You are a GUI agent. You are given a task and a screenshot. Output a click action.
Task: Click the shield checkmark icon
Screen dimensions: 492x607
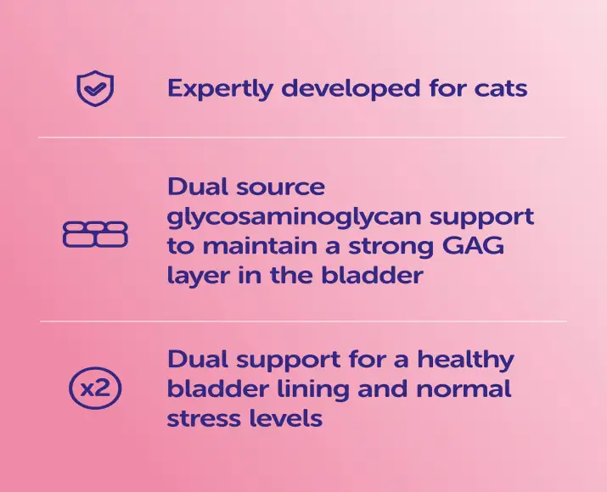click(x=95, y=88)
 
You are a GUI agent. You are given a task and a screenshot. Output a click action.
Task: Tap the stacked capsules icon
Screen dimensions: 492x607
click(x=95, y=234)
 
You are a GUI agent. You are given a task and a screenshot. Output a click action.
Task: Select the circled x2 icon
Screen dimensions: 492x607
click(x=95, y=389)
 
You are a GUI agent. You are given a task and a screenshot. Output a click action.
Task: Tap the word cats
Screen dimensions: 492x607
click(x=497, y=88)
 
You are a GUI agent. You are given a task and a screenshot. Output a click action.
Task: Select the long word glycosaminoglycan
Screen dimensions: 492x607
click(x=303, y=217)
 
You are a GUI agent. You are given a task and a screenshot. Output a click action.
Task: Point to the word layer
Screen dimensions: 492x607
click(x=196, y=277)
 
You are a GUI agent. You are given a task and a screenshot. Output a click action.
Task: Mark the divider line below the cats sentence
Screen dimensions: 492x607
click(x=302, y=137)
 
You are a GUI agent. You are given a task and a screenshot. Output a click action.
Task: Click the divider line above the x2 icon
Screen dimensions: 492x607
click(x=302, y=321)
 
